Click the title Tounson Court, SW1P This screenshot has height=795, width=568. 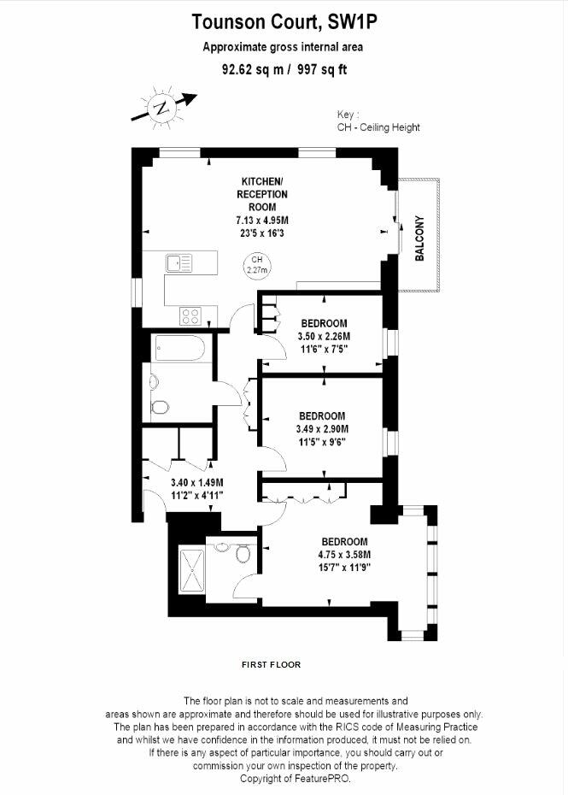click(x=284, y=22)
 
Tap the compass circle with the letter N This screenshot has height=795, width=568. click(x=162, y=108)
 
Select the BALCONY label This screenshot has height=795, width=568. click(x=419, y=238)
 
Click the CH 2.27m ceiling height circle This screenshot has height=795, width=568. click(x=257, y=264)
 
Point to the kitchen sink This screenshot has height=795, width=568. click(x=179, y=263)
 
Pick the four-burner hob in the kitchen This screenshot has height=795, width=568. click(x=190, y=316)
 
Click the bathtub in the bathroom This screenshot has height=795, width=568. click(x=180, y=348)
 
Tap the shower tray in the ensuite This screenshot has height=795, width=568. click(x=192, y=570)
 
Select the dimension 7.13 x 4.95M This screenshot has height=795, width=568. click(x=262, y=220)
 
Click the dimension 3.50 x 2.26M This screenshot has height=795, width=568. click(x=324, y=336)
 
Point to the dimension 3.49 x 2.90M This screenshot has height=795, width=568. click(x=322, y=429)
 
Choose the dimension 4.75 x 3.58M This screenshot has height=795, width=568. click(x=344, y=554)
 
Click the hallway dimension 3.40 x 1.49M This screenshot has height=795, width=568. click(x=197, y=482)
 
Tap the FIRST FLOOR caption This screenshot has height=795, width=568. click(x=271, y=665)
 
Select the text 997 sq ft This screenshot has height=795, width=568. click(x=322, y=69)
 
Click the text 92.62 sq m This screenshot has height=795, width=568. click(x=253, y=69)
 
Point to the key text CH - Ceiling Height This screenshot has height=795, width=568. click(x=378, y=127)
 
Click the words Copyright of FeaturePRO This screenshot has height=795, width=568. click(x=296, y=778)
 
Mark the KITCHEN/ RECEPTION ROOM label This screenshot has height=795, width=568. click(x=262, y=194)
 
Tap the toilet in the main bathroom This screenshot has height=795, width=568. click(x=160, y=407)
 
